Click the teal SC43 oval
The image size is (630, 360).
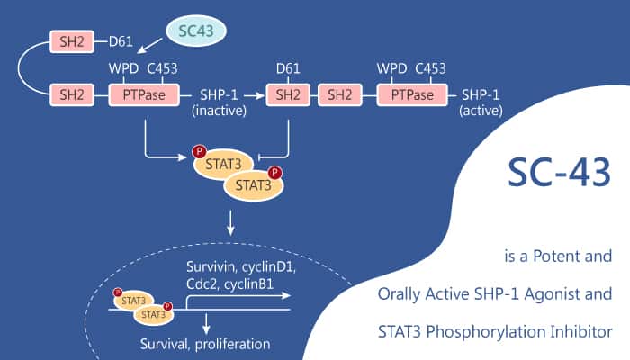click(x=194, y=32)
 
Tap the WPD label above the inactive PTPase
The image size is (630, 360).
click(x=125, y=68)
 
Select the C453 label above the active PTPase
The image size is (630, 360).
click(x=430, y=68)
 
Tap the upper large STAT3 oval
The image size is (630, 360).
click(x=220, y=164)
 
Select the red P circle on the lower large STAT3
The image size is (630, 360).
click(x=275, y=172)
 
